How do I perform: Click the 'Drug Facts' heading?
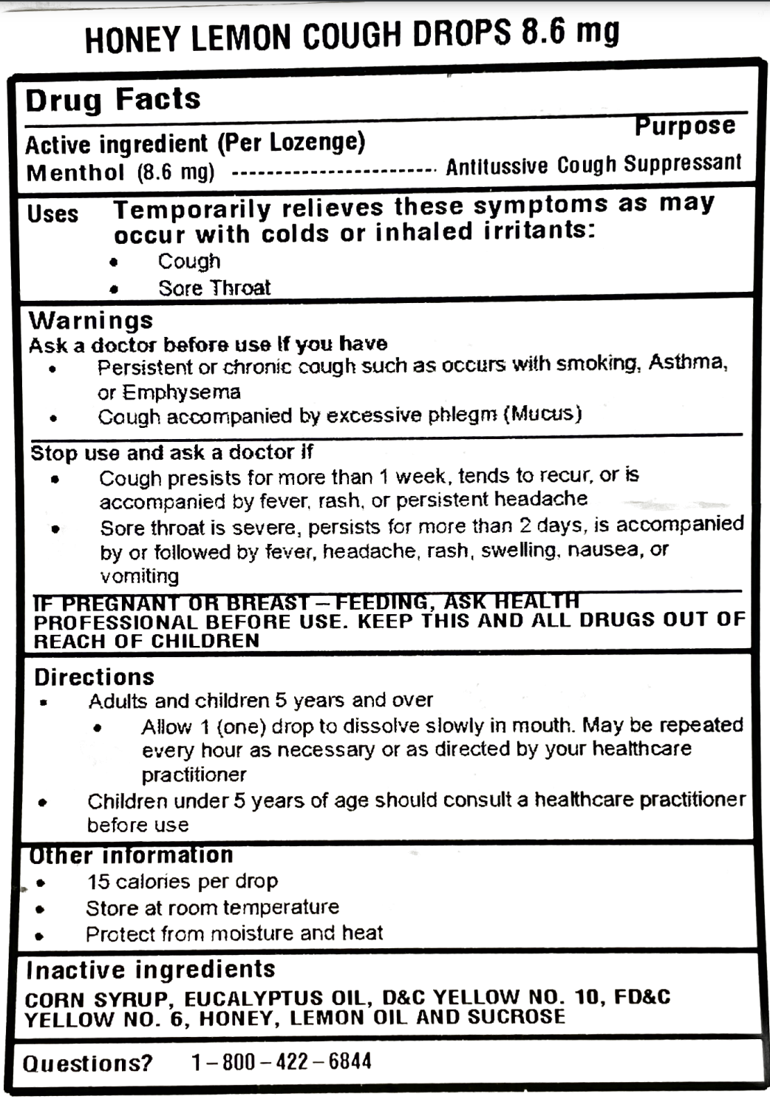tap(113, 100)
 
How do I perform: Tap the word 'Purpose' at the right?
tap(684, 126)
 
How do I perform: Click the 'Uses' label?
tap(52, 214)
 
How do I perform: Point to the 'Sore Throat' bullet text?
tap(214, 287)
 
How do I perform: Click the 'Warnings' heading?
tap(91, 321)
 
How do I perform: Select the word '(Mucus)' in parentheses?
tap(542, 413)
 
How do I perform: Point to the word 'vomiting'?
tap(140, 575)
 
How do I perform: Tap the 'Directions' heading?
tap(94, 677)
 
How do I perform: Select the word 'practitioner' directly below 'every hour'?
tap(194, 775)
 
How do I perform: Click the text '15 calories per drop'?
tap(182, 881)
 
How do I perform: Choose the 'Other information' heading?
tap(131, 855)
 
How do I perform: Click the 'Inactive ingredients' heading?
tap(151, 970)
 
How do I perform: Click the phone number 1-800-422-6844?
tap(282, 1062)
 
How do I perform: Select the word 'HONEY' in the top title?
tap(134, 39)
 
